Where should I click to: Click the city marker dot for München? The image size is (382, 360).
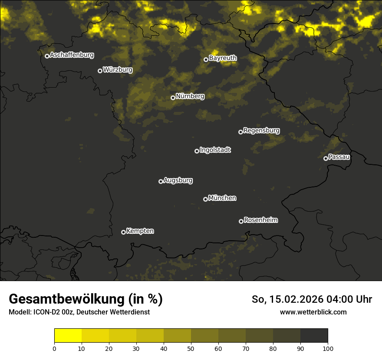pyautogui.click(x=205, y=199)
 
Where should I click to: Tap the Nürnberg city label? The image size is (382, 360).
pyautogui.click(x=190, y=96)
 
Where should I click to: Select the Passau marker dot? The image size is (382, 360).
pyautogui.click(x=326, y=158)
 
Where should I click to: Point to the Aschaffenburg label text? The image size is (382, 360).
pyautogui.click(x=72, y=55)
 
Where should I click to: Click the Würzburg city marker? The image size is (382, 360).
pyautogui.click(x=100, y=71)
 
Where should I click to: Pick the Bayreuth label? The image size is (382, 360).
pyautogui.click(x=223, y=58)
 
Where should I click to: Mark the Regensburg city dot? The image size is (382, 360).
pyautogui.click(x=240, y=132)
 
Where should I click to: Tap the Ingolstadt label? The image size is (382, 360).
pyautogui.click(x=215, y=150)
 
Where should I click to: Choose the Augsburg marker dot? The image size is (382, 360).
pyautogui.click(x=161, y=181)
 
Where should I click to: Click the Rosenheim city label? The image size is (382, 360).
pyautogui.click(x=260, y=220)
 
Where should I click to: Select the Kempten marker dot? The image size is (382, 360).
pyautogui.click(x=123, y=232)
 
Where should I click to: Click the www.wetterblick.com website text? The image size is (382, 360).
pyautogui.click(x=313, y=312)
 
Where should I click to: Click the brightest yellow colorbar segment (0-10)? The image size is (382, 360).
pyautogui.click(x=68, y=336)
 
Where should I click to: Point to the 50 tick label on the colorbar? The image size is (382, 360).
pyautogui.click(x=191, y=348)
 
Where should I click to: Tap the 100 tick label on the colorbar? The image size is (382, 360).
pyautogui.click(x=328, y=348)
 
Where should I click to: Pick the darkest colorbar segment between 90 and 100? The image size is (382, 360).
pyautogui.click(x=314, y=336)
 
